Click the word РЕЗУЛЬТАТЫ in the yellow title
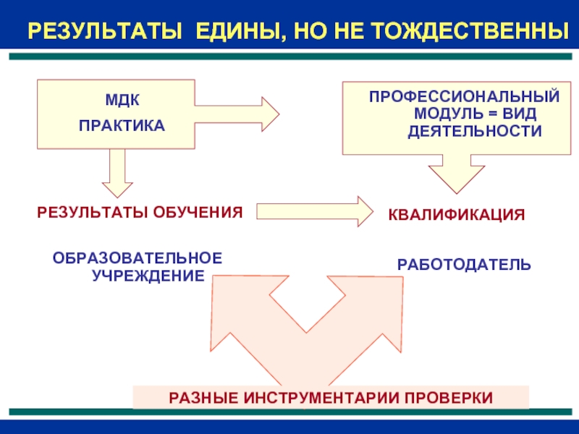103,31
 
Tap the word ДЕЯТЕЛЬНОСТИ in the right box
474,132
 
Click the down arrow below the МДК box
116,174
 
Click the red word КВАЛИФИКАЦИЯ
457,215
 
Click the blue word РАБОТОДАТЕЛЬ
464,265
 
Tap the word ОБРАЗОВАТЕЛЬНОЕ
138,258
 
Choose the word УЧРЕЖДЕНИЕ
148,276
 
